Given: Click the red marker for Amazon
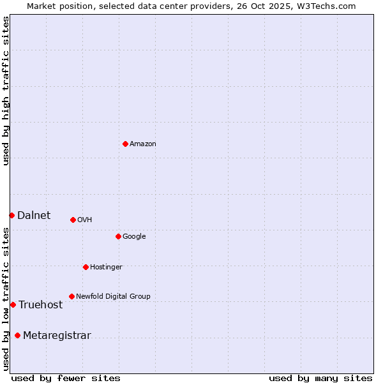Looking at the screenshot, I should click(x=125, y=144).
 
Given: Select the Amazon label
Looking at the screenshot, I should click(x=143, y=144).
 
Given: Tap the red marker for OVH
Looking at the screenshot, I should click(x=73, y=220).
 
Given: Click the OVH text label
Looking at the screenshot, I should click(x=85, y=220).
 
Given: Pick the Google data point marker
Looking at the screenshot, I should click(x=118, y=236).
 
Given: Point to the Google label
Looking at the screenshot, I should click(x=134, y=237).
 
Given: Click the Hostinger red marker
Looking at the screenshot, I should click(x=86, y=267).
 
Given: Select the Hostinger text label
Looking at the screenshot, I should click(x=106, y=267).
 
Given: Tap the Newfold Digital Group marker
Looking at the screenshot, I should click(x=71, y=296).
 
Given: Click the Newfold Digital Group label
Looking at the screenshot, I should click(x=113, y=297).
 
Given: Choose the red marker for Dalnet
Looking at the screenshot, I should click(x=11, y=215).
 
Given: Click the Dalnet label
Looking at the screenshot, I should click(x=34, y=216).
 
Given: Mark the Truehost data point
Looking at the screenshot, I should click(x=13, y=304).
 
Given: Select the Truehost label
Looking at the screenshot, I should click(x=41, y=305).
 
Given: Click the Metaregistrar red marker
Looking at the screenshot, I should click(x=17, y=335).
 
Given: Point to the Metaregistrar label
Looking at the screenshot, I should click(x=57, y=336).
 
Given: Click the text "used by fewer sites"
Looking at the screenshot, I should click(x=66, y=378).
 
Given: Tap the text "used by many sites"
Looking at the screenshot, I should click(x=320, y=378).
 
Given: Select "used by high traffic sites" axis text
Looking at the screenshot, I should click(x=6, y=91).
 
